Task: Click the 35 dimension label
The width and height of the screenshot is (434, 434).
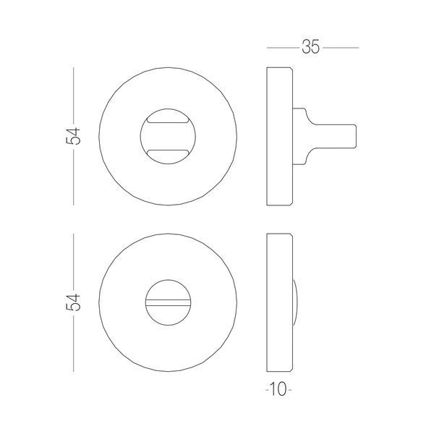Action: tap(310, 47)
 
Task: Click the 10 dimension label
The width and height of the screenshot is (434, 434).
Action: tap(278, 389)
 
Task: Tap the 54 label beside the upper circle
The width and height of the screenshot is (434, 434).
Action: tap(73, 136)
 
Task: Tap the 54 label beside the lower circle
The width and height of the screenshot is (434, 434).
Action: tap(73, 302)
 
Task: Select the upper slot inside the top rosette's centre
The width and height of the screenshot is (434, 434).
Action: tap(168, 119)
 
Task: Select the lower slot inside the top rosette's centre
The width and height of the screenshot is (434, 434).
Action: tap(168, 153)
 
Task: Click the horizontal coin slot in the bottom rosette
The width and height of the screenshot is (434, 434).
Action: tap(168, 302)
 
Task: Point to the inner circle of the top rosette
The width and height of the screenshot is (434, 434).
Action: tap(140, 136)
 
